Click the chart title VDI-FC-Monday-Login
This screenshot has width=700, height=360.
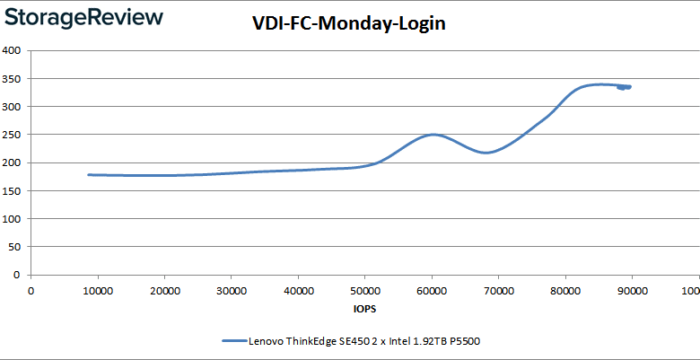point(348,24)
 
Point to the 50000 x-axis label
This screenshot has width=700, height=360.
point(364,290)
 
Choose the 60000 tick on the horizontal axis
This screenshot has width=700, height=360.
point(431,290)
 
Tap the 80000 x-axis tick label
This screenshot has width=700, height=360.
point(564,290)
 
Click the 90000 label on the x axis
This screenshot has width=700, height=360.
point(632,290)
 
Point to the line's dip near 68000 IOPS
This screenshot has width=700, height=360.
point(485,153)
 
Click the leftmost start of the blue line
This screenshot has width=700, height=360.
point(88,174)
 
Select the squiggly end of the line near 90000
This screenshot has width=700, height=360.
point(625,87)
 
